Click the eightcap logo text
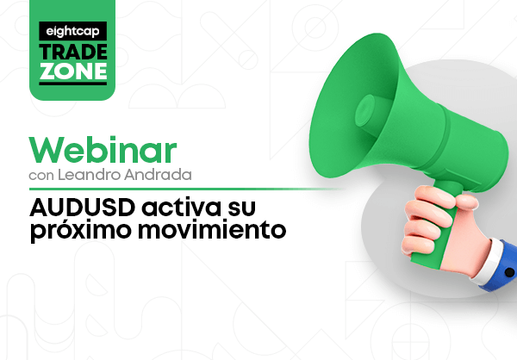(x=72, y=31)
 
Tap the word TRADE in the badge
(x=73, y=52)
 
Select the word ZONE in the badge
(x=73, y=71)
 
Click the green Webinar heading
(x=103, y=150)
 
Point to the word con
(x=41, y=176)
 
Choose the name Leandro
(x=89, y=174)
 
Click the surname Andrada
(x=158, y=174)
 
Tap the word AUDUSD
(x=83, y=208)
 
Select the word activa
(x=181, y=208)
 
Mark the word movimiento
(x=212, y=229)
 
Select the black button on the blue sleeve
(x=509, y=272)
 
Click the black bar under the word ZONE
(x=73, y=84)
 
